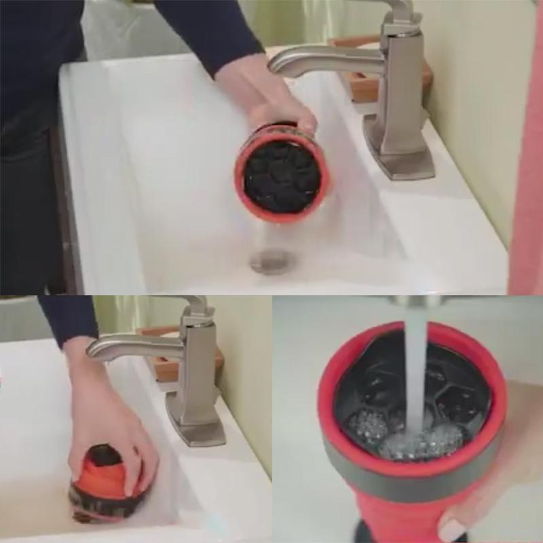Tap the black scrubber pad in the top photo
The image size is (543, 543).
pyautogui.click(x=282, y=176)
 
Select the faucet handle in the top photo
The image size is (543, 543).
pyautogui.click(x=400, y=14)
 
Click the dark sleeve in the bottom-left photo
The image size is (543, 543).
pyautogui.click(x=68, y=316)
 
